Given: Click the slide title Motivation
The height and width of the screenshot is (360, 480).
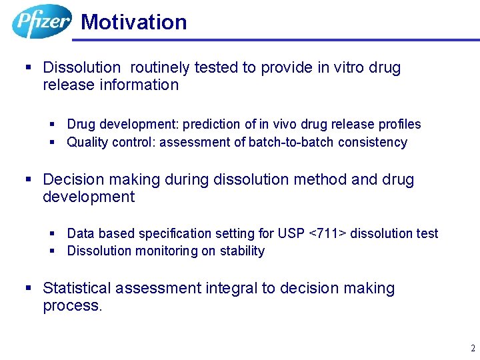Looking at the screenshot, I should [x=133, y=22].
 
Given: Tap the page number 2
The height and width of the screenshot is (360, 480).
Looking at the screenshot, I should [x=473, y=348].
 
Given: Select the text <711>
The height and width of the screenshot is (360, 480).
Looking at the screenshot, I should [x=328, y=233].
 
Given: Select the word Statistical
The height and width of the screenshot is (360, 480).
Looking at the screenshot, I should [x=77, y=288].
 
